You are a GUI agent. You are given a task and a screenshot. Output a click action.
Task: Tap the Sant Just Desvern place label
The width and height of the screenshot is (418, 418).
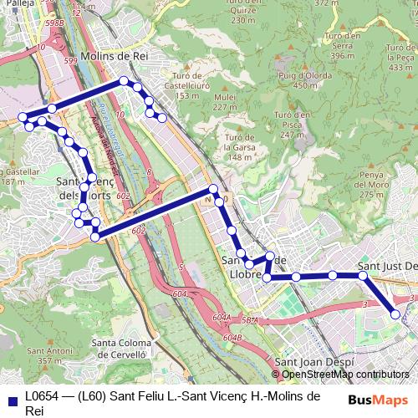click(x=387, y=266)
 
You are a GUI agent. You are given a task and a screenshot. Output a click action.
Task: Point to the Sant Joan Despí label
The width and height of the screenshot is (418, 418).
click(x=310, y=362)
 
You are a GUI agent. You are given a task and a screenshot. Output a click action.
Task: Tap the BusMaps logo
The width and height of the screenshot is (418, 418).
click(x=378, y=400)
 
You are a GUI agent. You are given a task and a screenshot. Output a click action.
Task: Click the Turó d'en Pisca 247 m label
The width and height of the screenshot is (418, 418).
click(x=292, y=124)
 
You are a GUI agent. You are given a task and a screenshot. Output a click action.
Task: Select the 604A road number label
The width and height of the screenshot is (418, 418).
click(x=222, y=318)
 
